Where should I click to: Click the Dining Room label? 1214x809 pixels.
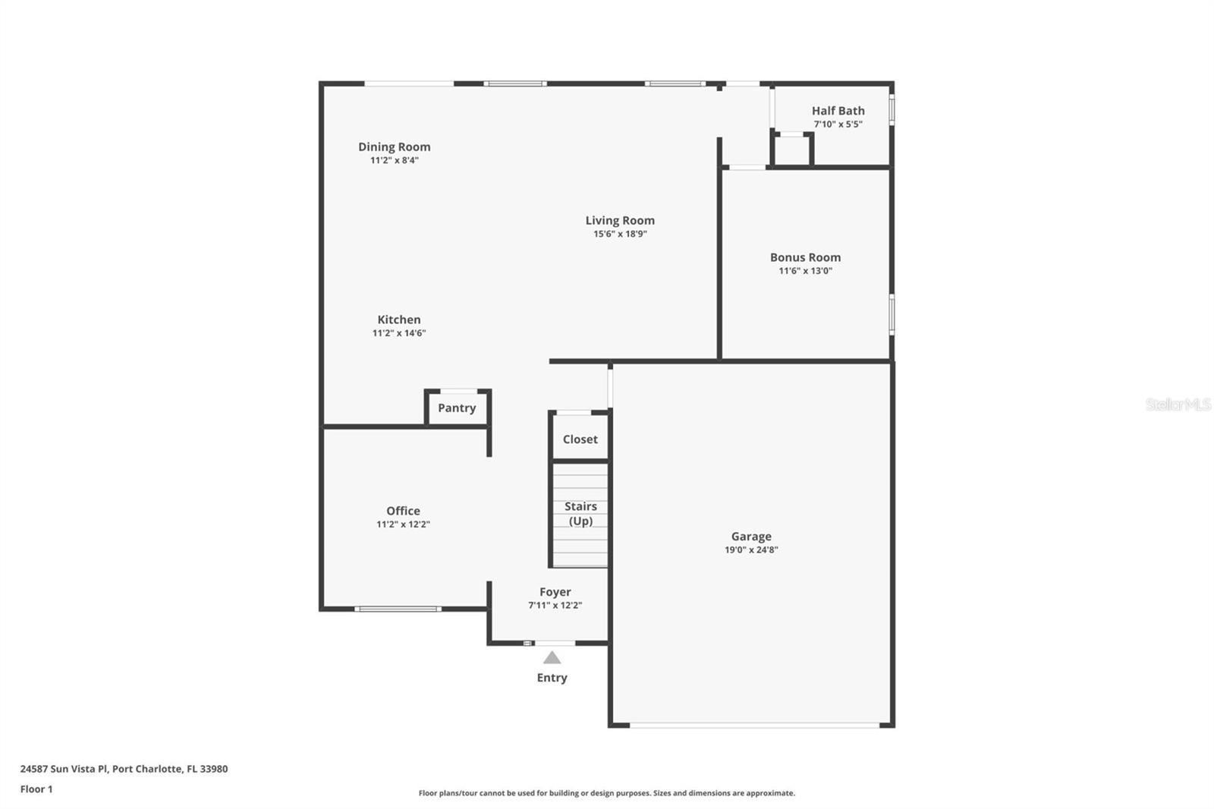(x=394, y=146)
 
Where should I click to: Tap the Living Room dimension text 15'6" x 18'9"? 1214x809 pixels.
(x=620, y=235)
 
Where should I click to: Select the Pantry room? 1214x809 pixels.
(x=457, y=408)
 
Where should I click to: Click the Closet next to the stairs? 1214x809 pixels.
(x=580, y=439)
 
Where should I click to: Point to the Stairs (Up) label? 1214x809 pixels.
(x=580, y=514)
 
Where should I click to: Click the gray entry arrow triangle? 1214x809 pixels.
(x=552, y=658)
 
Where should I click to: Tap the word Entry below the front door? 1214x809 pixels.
(x=552, y=678)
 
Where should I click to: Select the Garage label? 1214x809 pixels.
(x=751, y=537)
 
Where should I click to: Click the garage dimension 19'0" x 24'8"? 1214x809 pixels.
(x=751, y=550)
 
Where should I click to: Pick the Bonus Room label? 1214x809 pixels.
(x=805, y=257)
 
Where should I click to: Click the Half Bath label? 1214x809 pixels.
(x=838, y=111)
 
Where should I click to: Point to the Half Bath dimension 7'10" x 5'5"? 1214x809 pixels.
(x=838, y=124)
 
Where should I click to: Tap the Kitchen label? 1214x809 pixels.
(x=399, y=320)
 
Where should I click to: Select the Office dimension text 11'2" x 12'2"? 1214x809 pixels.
(x=403, y=524)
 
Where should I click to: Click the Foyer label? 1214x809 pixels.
(x=555, y=592)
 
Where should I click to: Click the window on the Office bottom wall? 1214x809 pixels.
(x=398, y=609)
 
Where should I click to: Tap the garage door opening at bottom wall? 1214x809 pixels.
(x=754, y=726)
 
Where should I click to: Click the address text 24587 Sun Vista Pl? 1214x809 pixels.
(x=65, y=769)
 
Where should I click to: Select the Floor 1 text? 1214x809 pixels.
(x=36, y=789)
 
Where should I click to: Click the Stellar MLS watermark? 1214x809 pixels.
(x=1178, y=404)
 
